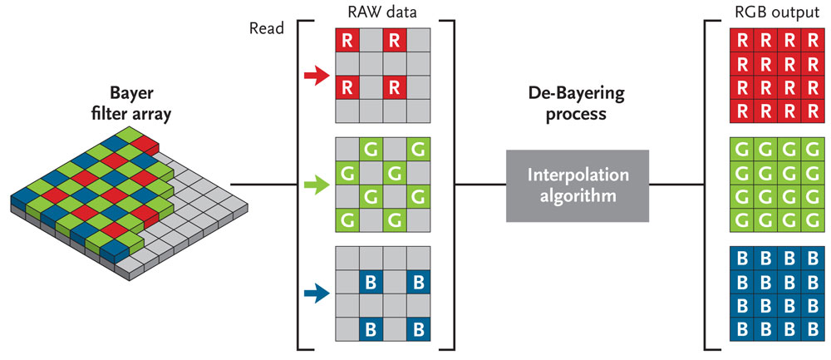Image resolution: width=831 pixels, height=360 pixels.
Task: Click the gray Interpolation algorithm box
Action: point(577,185)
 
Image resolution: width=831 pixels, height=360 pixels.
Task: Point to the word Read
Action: point(266,27)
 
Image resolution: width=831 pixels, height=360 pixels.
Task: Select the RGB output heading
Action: point(763,12)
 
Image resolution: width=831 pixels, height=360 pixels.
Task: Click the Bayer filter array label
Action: point(140,105)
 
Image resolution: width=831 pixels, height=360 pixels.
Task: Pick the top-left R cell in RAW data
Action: point(347,40)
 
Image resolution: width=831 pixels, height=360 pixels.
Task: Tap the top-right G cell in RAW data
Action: point(419,150)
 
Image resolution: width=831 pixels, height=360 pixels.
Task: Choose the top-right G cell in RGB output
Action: point(811,150)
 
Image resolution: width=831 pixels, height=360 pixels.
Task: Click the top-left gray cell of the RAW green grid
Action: point(347,150)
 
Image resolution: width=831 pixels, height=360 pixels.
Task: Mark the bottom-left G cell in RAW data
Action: point(347,221)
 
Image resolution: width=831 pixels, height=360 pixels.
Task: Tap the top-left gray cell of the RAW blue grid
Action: point(347,257)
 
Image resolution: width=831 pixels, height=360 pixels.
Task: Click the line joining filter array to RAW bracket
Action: point(263,184)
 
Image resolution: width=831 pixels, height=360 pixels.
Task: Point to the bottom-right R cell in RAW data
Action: point(395,87)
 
